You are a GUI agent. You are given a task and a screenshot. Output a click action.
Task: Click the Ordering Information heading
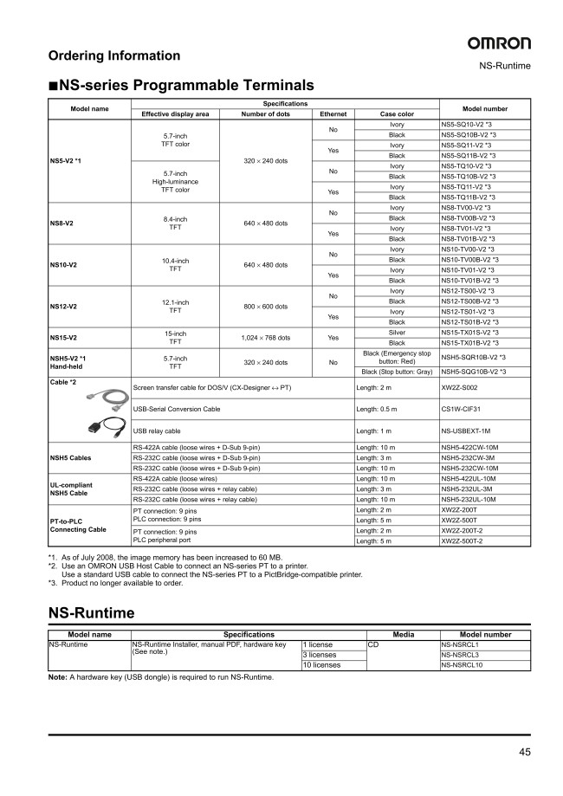[114, 55]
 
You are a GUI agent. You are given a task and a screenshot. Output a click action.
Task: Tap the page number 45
[525, 751]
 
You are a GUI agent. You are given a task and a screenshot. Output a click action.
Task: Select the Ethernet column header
[333, 113]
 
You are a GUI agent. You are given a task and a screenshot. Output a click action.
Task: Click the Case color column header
[397, 113]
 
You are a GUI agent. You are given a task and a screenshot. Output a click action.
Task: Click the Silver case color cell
[397, 333]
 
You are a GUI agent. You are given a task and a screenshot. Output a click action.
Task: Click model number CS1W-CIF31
[460, 411]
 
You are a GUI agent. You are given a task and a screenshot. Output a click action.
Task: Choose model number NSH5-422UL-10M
[469, 478]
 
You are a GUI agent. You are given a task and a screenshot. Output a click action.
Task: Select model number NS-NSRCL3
[460, 655]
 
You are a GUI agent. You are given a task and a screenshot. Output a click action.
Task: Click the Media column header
[404, 635]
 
